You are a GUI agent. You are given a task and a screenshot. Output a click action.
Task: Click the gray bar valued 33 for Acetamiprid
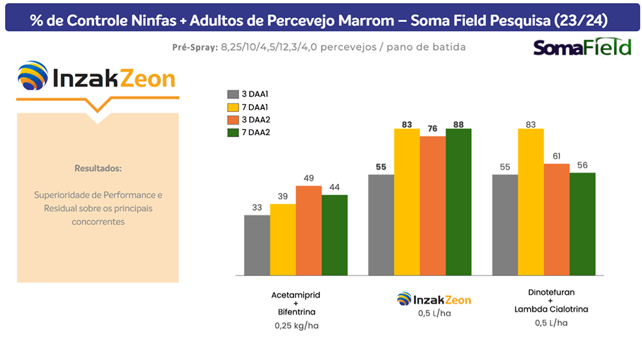point(257,245)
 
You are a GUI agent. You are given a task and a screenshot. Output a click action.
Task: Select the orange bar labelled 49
point(308,230)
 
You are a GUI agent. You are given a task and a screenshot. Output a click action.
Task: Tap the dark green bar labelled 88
point(459,202)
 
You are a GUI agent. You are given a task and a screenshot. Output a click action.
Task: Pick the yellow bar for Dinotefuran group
point(531,202)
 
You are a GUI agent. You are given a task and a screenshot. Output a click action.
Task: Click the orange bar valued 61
point(557,219)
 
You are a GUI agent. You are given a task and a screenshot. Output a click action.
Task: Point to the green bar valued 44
point(335,235)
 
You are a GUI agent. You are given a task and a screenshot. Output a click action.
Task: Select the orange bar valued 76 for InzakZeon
point(433,205)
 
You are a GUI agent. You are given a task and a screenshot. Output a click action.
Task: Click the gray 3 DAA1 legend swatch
point(233,94)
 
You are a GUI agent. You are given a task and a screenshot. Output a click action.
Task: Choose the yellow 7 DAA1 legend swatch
point(233,106)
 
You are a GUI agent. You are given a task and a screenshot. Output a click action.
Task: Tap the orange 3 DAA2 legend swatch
point(233,120)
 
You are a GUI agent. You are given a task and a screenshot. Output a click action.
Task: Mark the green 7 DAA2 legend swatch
point(233,132)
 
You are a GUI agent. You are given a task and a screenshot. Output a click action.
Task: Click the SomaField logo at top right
point(582,48)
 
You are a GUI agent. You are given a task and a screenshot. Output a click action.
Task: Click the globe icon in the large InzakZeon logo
point(33,77)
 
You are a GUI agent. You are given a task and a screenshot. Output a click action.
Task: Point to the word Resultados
point(98,168)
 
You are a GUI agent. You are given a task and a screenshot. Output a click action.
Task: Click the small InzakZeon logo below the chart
point(434,299)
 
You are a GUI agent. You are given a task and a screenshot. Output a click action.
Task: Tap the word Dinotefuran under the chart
point(551,292)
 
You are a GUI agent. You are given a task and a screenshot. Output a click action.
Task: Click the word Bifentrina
point(297,312)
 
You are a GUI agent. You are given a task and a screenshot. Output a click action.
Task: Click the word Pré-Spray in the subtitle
point(195,48)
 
